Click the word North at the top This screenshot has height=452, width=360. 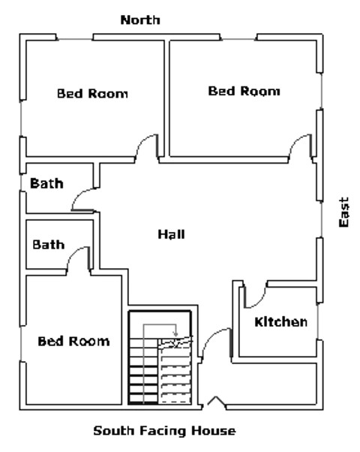pyautogui.click(x=140, y=20)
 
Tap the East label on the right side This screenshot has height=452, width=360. pyautogui.click(x=343, y=212)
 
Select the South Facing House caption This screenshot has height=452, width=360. pyautogui.click(x=164, y=431)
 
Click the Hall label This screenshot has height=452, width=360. pyautogui.click(x=171, y=234)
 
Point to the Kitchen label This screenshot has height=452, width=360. pyautogui.click(x=280, y=322)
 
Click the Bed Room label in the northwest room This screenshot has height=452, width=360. pyautogui.click(x=92, y=94)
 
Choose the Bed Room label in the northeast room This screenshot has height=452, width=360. pyautogui.click(x=244, y=91)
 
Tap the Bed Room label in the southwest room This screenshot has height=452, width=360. pyautogui.click(x=73, y=341)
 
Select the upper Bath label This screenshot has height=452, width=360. pyautogui.click(x=46, y=183)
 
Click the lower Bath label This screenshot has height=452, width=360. pyautogui.click(x=48, y=245)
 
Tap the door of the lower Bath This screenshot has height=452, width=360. pyautogui.click(x=78, y=258)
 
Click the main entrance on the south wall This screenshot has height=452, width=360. pyautogui.click(x=215, y=403)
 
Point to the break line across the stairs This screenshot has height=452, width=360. pyautogui.click(x=177, y=343)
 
